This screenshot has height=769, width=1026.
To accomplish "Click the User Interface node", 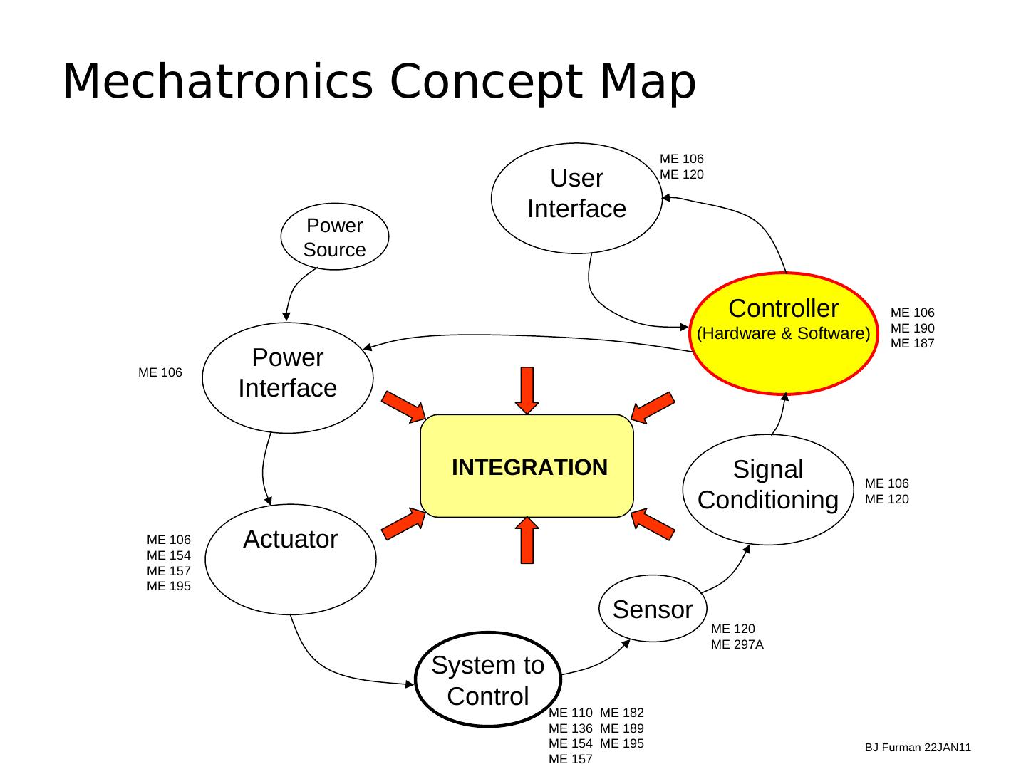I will click(576, 198).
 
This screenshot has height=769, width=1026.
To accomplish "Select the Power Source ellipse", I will click(335, 237).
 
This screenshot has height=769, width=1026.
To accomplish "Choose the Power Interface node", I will click(288, 377).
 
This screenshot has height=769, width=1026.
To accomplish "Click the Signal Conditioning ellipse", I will click(767, 489).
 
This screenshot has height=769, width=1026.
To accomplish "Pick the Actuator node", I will click(290, 559).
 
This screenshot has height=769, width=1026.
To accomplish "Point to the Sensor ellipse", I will click(653, 609).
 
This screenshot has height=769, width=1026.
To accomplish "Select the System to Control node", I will click(488, 679).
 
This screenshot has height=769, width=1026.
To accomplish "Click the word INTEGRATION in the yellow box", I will click(529, 467).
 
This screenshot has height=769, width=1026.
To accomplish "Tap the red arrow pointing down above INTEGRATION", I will click(527, 389).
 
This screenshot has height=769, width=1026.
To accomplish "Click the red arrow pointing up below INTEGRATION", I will click(527, 540).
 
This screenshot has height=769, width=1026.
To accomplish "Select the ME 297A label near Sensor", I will click(737, 644).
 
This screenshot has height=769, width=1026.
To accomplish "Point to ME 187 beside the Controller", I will click(912, 343).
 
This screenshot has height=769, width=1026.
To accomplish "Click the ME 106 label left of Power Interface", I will click(160, 372).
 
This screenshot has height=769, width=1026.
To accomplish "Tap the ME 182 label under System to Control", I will click(622, 713).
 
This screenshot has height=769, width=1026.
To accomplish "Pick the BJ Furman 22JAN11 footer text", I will click(918, 748).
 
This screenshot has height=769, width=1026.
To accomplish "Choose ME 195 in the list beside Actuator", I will click(169, 586).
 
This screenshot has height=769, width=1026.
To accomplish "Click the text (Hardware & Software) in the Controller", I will click(783, 333).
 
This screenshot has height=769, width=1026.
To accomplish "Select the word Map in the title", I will click(648, 81).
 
